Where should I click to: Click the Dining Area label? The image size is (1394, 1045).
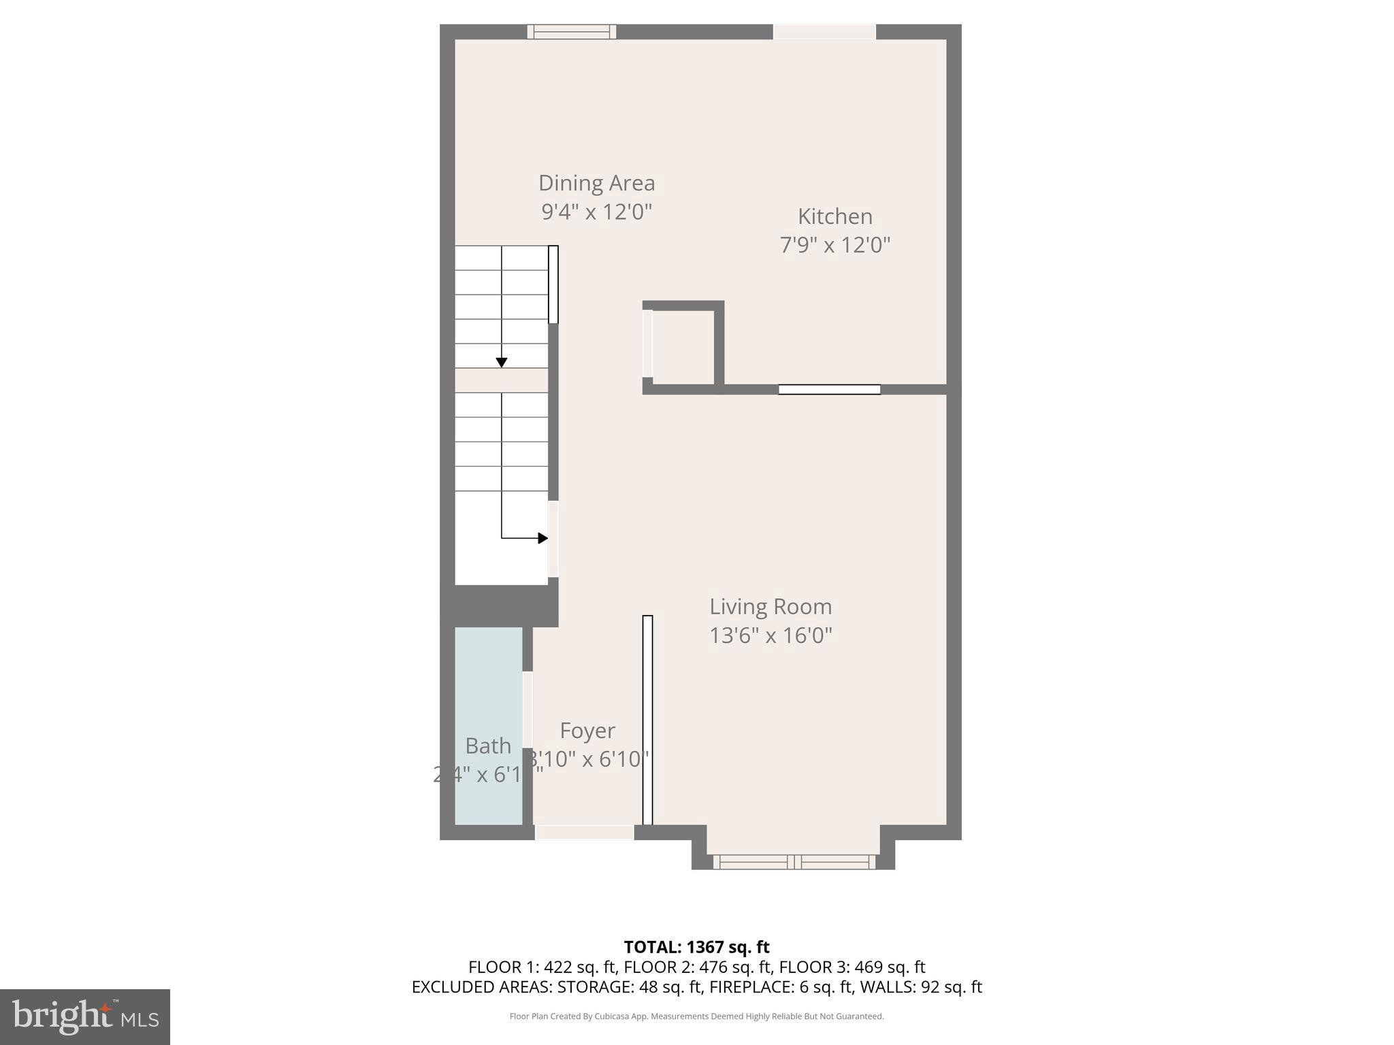[x=596, y=183]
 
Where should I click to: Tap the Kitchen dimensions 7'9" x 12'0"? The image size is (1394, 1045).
[x=834, y=245]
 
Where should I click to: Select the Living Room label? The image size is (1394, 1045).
[x=771, y=606]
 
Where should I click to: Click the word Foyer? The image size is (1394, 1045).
[x=587, y=731]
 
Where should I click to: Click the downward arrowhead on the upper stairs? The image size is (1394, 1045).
[x=502, y=363]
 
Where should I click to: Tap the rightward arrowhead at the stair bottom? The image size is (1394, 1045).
[x=542, y=538]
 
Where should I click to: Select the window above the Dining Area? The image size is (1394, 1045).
[x=571, y=32]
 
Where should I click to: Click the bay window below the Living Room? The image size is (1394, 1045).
[x=794, y=862]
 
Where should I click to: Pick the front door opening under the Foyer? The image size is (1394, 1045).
[x=584, y=832]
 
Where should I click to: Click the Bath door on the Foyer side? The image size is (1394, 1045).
[x=528, y=710]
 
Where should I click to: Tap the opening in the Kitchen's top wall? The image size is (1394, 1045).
[x=824, y=32]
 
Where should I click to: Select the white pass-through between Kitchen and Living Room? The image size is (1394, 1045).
[x=829, y=390]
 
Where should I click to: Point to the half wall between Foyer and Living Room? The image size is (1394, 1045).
[x=647, y=720]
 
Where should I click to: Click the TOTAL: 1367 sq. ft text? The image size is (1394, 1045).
[x=696, y=947]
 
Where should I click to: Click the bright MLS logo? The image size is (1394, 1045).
[x=85, y=1016]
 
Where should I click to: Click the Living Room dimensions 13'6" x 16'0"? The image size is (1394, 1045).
[x=771, y=635]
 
